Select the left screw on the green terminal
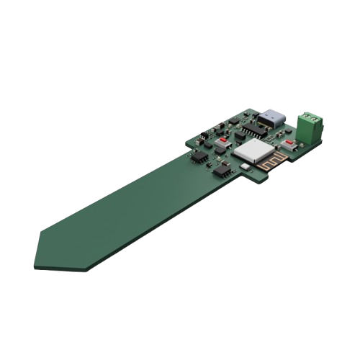tap(306, 115)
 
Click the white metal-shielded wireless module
tap(253, 150)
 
